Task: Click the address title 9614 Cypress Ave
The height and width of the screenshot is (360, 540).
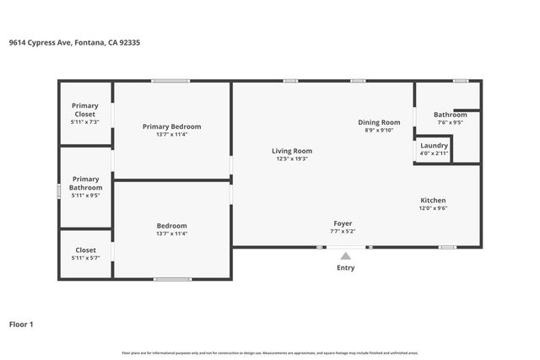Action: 74,42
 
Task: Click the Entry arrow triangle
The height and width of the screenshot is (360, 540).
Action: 346,256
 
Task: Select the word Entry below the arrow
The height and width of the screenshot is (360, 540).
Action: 346,268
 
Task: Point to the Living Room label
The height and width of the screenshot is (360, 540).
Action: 291,151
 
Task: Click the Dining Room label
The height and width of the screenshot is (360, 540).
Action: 379,122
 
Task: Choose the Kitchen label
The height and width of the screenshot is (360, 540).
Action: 434,200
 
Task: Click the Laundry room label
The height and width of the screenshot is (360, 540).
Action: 435,145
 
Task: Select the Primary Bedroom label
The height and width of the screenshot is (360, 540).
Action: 171,126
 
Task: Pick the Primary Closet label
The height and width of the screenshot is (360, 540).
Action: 84,110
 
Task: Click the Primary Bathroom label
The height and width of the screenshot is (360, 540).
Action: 85,183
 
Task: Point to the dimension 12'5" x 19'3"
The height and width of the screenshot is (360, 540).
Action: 291,159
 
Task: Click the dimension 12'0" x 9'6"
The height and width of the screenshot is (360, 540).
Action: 434,208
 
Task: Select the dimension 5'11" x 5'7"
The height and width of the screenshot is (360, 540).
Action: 85,258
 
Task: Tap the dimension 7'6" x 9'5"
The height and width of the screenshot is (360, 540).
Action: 450,122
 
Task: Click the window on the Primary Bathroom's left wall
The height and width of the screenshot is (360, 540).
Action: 58,191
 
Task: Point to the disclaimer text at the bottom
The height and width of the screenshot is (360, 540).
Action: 270,352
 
